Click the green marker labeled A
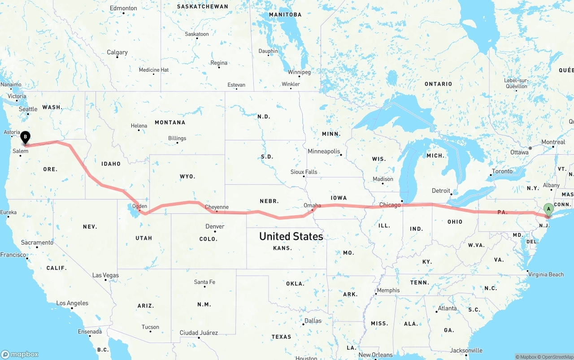click(x=548, y=209)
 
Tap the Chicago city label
click(x=390, y=205)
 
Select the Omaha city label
click(x=312, y=205)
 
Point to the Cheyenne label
click(x=217, y=207)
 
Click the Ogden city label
click(x=140, y=206)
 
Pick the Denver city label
click(x=215, y=226)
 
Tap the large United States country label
click(x=291, y=236)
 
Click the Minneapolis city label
click(x=324, y=152)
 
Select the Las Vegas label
click(x=105, y=275)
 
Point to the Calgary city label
click(x=117, y=52)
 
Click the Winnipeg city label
click(x=299, y=72)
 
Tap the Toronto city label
click(x=502, y=171)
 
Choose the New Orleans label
click(x=376, y=355)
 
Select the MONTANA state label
click(x=170, y=122)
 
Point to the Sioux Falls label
click(x=304, y=172)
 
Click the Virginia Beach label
click(x=546, y=274)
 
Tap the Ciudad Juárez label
click(x=199, y=333)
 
